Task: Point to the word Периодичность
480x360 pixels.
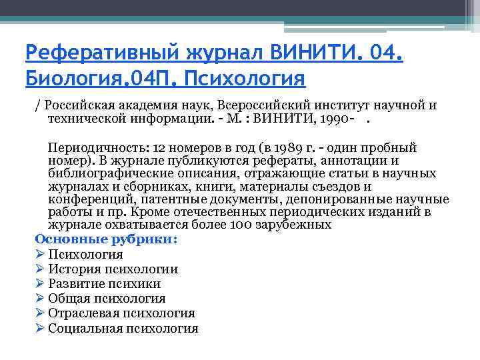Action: pos(98,147)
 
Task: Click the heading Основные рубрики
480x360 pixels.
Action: pos(106,239)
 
